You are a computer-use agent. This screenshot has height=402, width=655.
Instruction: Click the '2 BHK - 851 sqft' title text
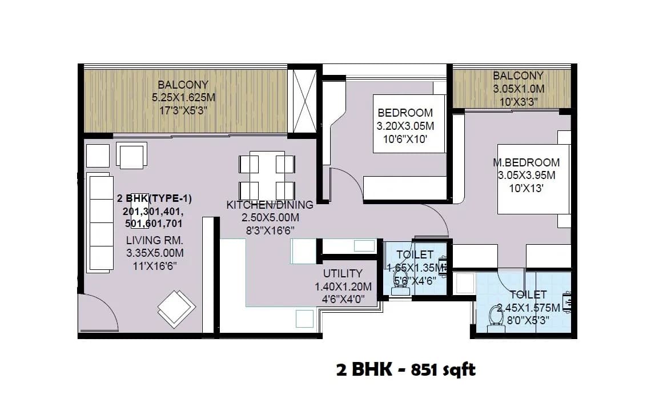pos(405,370)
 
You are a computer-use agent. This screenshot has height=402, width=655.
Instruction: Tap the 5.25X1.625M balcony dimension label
pos(179,98)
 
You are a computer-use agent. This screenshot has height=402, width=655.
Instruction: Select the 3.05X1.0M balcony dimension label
pos(518,89)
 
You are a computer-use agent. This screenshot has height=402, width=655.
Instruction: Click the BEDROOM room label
pos(405,113)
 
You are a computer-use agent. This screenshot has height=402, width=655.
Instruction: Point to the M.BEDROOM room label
pos(526,163)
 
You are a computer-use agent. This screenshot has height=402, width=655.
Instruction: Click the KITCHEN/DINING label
pos(270,205)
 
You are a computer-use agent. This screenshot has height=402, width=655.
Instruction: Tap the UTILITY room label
pos(343,273)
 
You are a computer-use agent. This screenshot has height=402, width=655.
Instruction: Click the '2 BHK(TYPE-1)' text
pos(154,198)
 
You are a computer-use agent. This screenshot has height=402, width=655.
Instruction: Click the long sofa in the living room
pos(100,223)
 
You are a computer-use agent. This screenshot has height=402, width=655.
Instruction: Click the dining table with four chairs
pos(267,175)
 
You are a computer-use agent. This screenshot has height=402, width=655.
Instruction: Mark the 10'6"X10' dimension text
pos(405,138)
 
